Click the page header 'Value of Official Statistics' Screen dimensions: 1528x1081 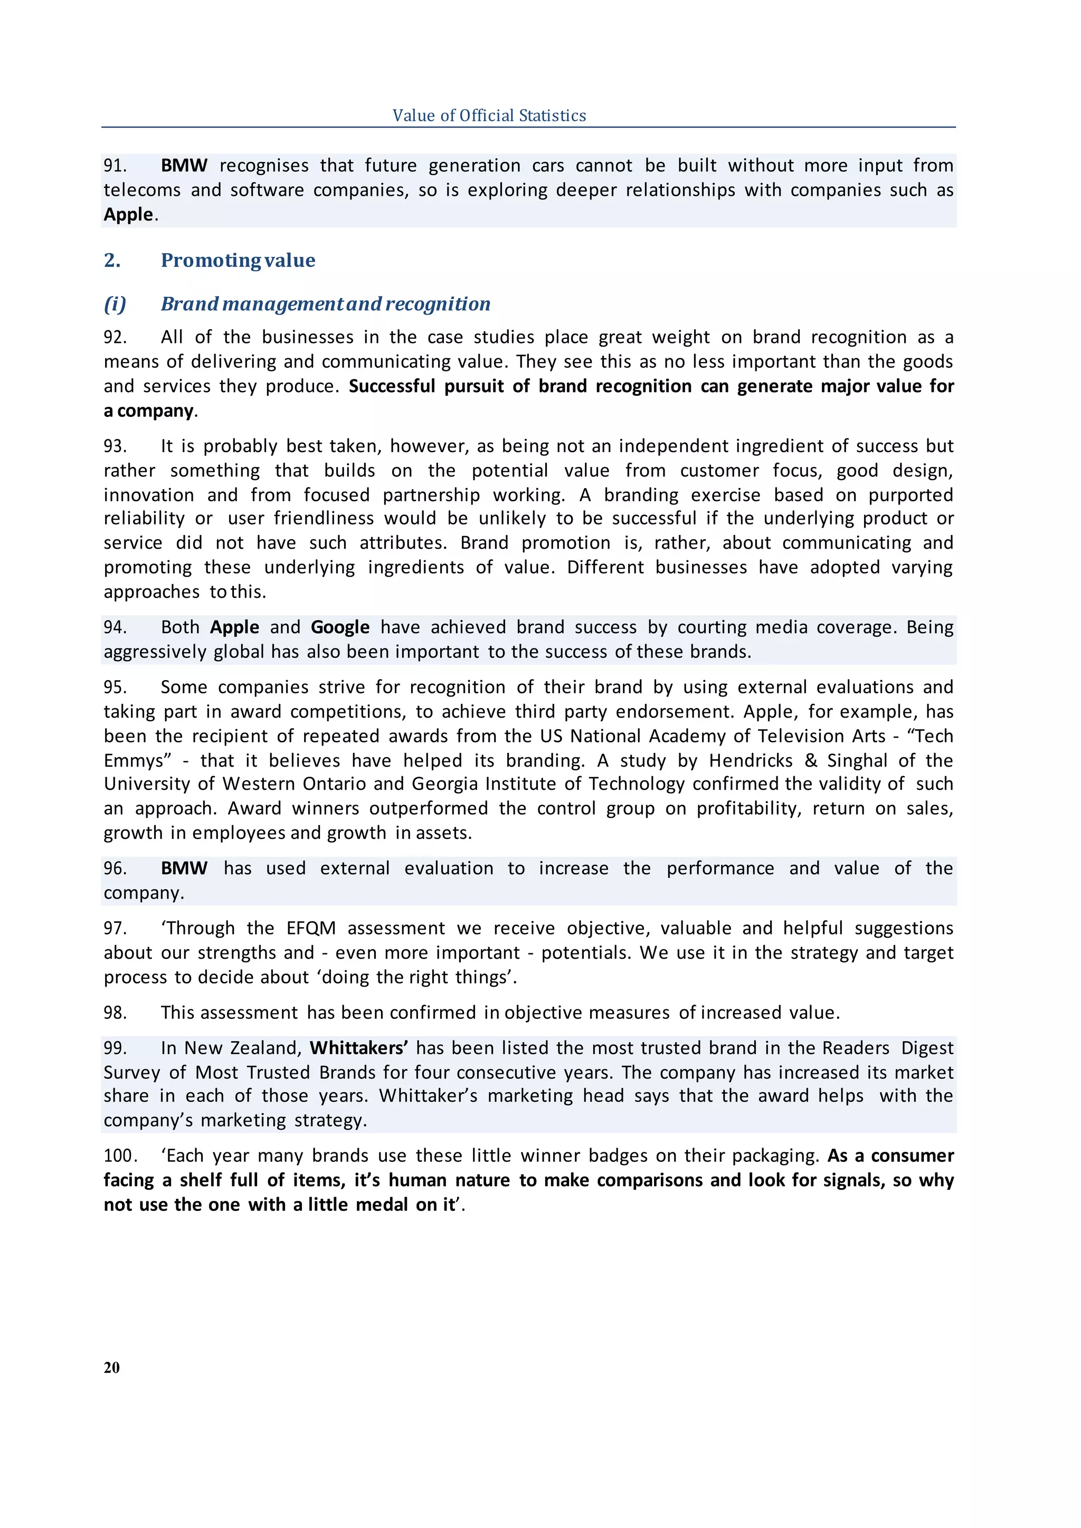coord(489,115)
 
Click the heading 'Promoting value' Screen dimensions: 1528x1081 coord(238,260)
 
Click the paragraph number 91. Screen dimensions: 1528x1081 coord(115,165)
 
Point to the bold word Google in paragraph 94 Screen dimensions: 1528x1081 coord(339,627)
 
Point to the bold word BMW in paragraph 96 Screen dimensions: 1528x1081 coord(184,868)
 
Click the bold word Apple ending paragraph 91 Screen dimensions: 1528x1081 coord(128,214)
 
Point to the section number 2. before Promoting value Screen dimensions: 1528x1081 coord(112,260)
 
